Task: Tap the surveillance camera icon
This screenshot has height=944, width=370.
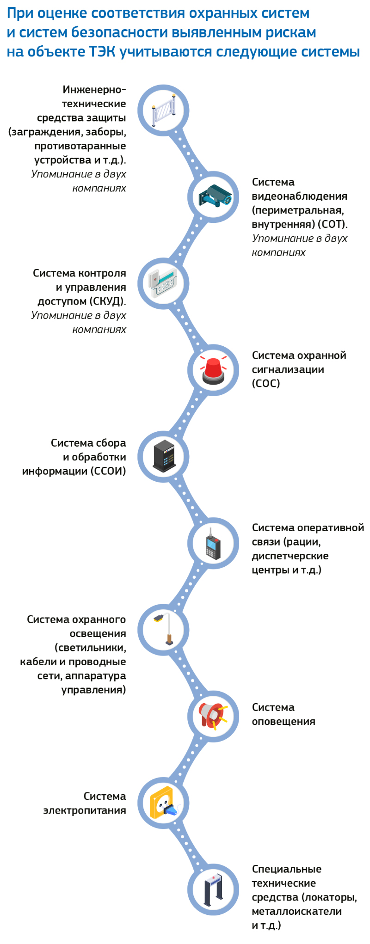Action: [x=214, y=197]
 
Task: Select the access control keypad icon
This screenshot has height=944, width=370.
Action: [x=163, y=283]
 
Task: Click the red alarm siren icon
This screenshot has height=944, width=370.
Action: [x=214, y=370]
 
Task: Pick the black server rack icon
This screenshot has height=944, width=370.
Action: [x=163, y=456]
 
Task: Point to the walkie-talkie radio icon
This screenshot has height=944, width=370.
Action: [x=213, y=543]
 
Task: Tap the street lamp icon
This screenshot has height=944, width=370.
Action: [x=163, y=629]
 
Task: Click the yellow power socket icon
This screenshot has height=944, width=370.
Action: [x=163, y=803]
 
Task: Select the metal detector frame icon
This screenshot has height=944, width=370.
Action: [x=213, y=889]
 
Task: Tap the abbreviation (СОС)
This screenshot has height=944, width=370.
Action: [x=266, y=384]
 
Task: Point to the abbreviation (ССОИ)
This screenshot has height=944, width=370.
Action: [x=108, y=471]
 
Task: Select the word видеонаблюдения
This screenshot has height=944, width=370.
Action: [x=299, y=196]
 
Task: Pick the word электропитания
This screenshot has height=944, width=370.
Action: [x=85, y=810]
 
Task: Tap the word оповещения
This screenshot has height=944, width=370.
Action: [x=284, y=722]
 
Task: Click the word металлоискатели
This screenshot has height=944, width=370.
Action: [x=296, y=911]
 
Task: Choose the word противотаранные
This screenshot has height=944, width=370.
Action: [x=80, y=146]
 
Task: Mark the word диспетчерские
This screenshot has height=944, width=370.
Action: [x=290, y=556]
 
